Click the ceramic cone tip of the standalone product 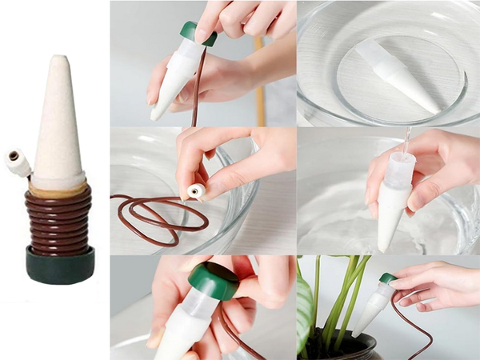click(58, 120)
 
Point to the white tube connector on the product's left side click(17, 162)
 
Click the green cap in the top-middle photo click(197, 32)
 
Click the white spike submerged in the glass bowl click(396, 77)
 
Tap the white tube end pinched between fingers click(194, 190)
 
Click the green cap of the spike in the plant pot click(387, 278)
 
